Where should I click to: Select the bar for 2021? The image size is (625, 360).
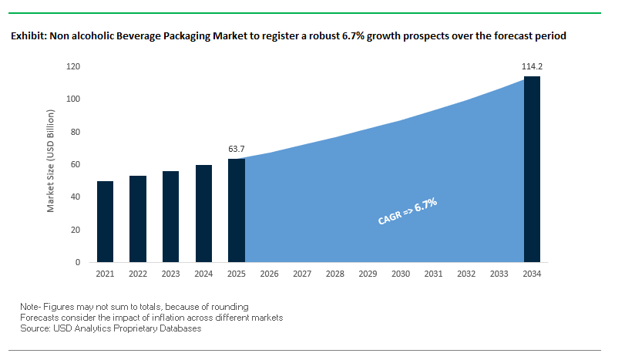click(x=105, y=222)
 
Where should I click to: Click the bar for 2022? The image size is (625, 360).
click(x=138, y=219)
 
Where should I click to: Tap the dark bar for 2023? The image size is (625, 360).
click(x=170, y=217)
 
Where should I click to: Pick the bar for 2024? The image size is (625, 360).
click(x=203, y=214)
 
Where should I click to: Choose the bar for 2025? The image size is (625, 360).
click(x=237, y=210)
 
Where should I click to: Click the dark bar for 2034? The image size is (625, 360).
click(x=532, y=170)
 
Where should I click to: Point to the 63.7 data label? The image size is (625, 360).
click(x=237, y=149)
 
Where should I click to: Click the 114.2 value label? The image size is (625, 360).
click(x=533, y=67)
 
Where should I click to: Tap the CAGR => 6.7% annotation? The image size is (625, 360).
click(x=408, y=211)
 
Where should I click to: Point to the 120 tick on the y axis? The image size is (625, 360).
click(x=74, y=67)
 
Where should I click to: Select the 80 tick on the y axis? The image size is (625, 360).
click(x=76, y=132)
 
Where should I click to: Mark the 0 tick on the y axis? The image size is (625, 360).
click(x=79, y=262)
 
